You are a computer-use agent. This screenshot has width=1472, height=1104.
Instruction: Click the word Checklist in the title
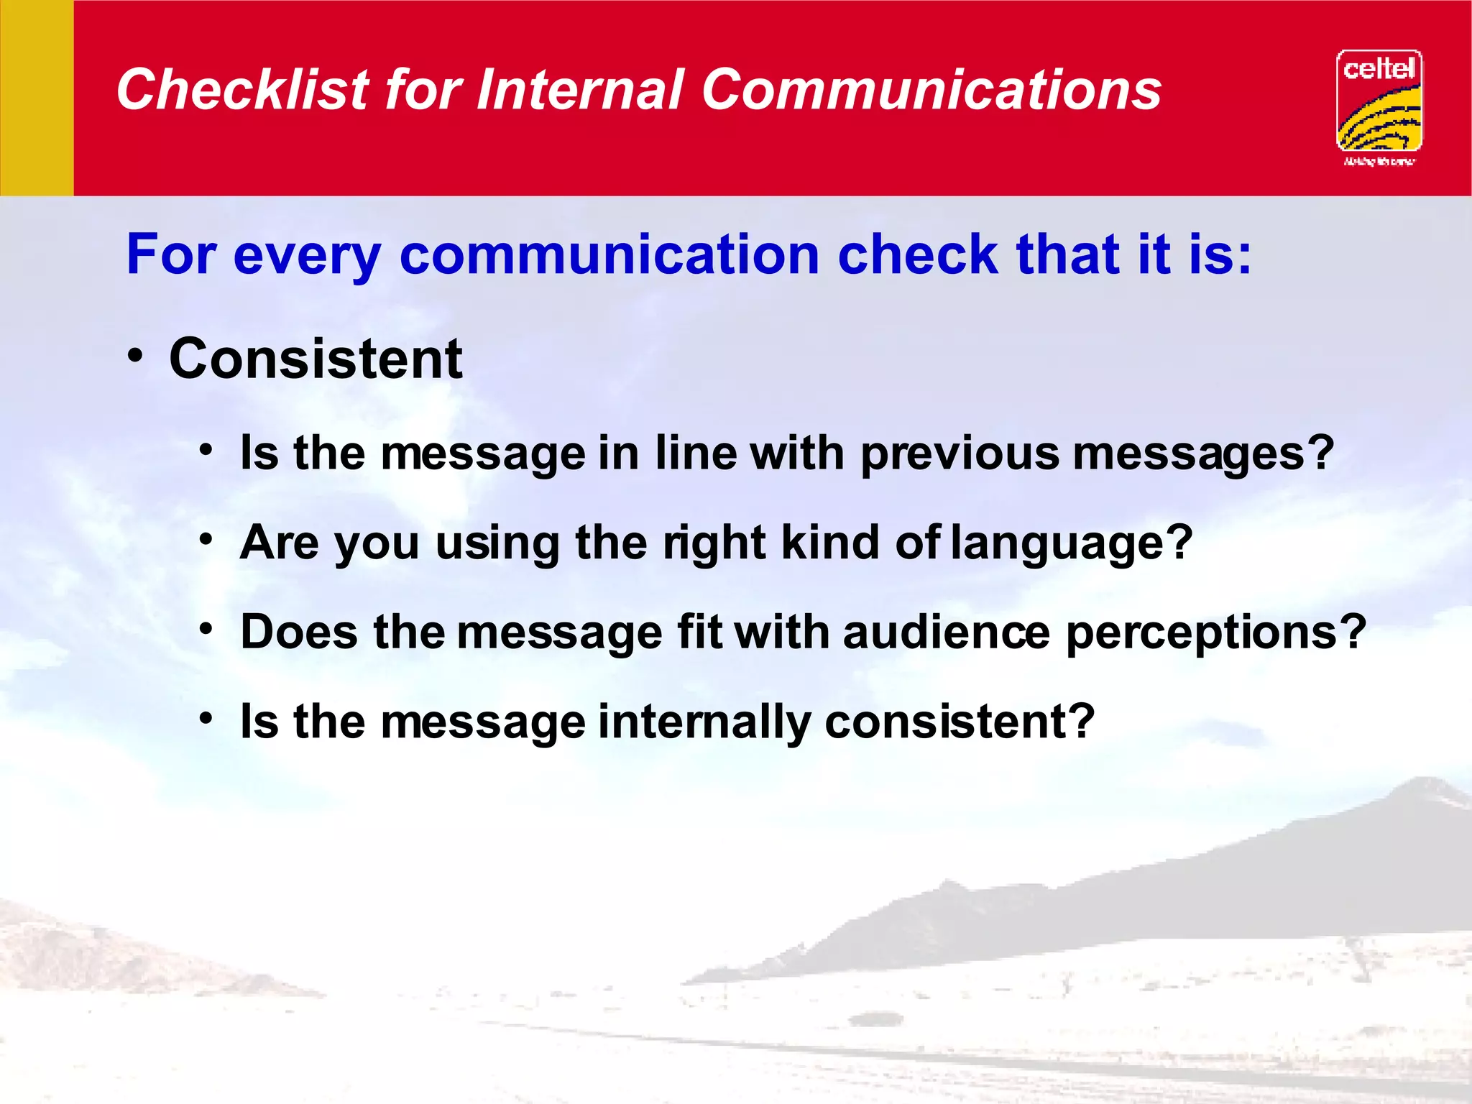pyautogui.click(x=242, y=90)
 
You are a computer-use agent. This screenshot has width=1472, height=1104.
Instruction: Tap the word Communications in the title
pyautogui.click(x=931, y=90)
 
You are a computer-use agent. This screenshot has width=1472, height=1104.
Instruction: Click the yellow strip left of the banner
pyautogui.click(x=36, y=98)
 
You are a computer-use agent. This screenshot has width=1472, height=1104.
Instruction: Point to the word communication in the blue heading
pyautogui.click(x=609, y=254)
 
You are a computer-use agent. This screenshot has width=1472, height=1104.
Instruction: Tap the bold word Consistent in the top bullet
pyautogui.click(x=316, y=359)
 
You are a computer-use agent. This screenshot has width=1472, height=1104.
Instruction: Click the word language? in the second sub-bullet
pyautogui.click(x=1071, y=544)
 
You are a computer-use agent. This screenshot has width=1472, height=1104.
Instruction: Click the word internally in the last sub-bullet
pyautogui.click(x=704, y=722)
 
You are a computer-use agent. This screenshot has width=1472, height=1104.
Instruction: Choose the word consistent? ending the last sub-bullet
pyautogui.click(x=960, y=722)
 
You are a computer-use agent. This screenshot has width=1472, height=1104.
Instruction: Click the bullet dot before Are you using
pyautogui.click(x=207, y=539)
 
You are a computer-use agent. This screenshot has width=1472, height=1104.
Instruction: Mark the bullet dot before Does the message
pyautogui.click(x=207, y=629)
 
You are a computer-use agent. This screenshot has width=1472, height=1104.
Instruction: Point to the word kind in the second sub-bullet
pyautogui.click(x=829, y=543)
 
